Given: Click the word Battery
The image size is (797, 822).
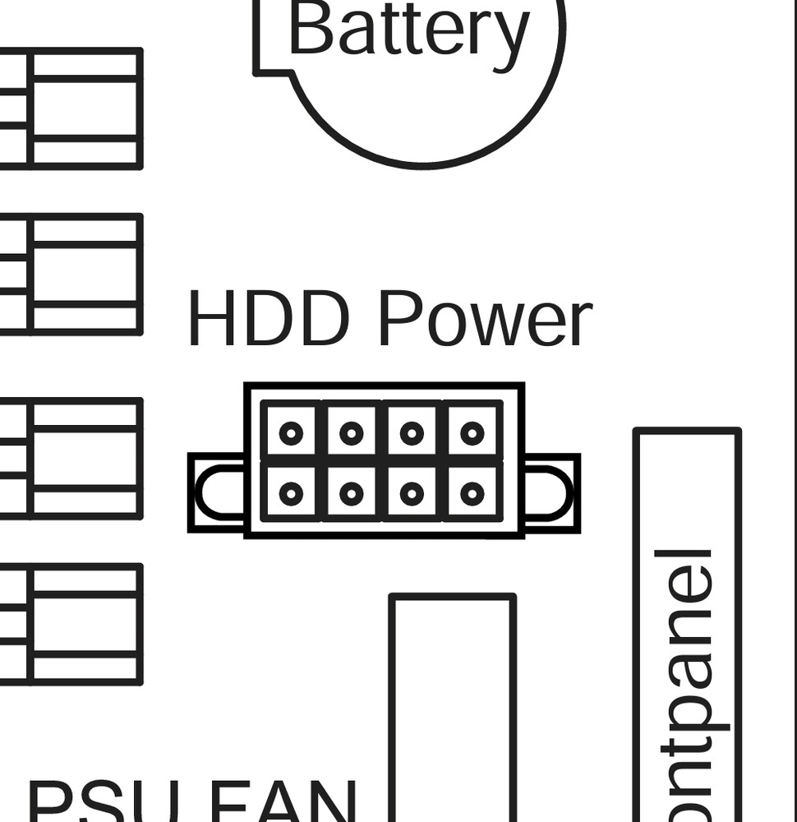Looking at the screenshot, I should click(408, 30).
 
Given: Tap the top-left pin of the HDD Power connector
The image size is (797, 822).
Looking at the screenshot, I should click(291, 432).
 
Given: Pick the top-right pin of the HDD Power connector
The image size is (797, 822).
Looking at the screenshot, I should click(472, 432).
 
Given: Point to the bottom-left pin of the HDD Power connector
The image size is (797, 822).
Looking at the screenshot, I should click(291, 493).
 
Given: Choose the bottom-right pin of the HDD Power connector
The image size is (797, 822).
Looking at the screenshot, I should click(472, 493).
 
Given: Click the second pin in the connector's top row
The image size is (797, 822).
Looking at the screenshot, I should click(352, 432).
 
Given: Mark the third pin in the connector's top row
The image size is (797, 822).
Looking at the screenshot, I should click(412, 432).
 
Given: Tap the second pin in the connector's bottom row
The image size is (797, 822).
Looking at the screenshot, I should click(352, 493).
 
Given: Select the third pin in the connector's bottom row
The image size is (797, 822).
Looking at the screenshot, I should click(412, 493).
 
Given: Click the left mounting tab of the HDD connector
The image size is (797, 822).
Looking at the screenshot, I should click(217, 493).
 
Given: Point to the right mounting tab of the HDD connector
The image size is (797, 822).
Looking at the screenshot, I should click(551, 493).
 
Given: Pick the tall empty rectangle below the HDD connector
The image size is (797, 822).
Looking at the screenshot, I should click(453, 707).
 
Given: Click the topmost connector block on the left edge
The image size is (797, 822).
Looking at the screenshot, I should click(74, 109).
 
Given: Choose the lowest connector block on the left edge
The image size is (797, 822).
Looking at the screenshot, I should click(74, 624).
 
